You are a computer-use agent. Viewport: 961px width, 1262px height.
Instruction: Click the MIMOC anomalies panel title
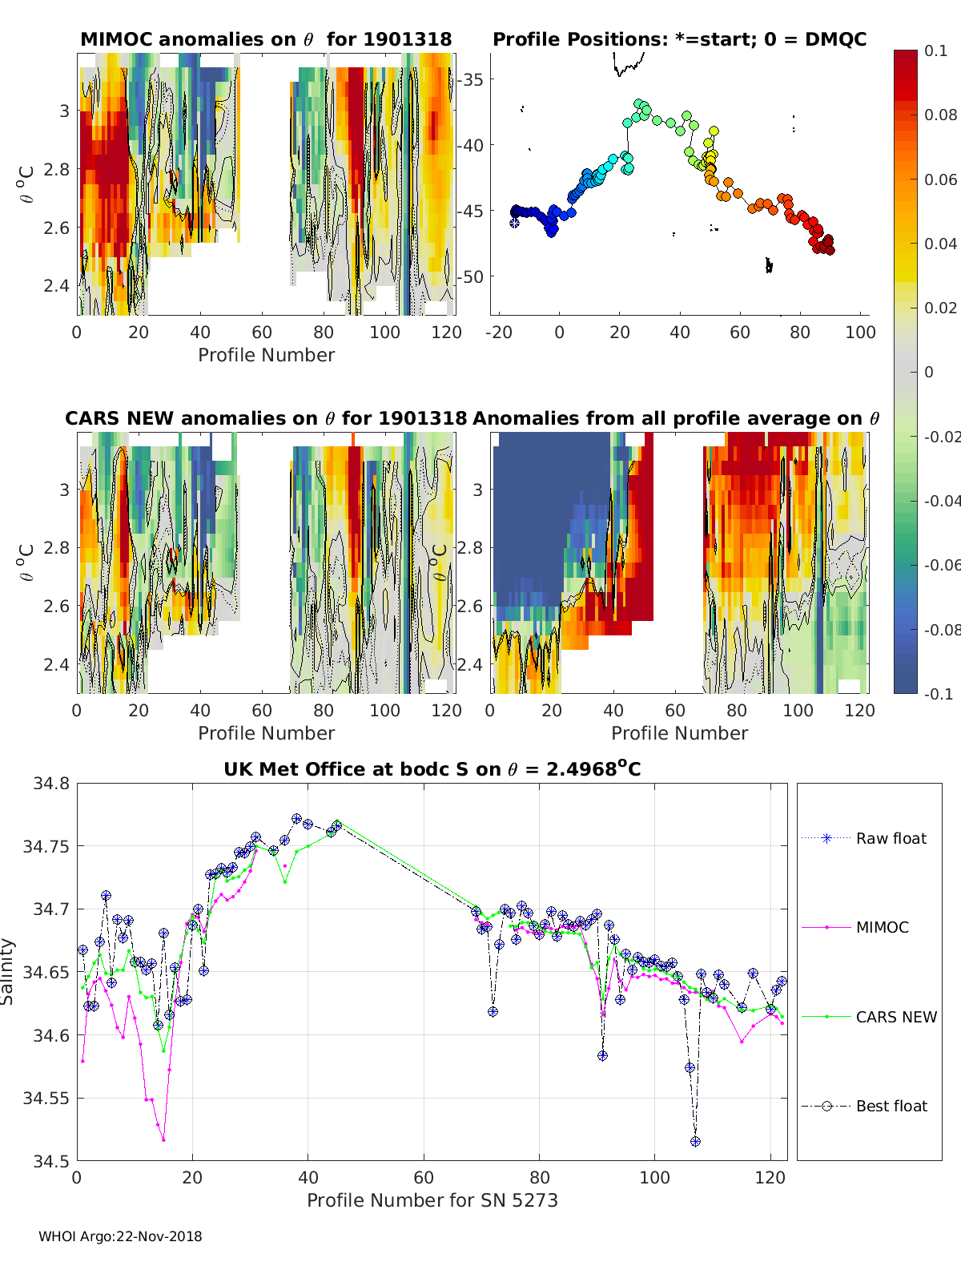pos(266,40)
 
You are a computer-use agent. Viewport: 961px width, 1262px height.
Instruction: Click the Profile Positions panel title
pos(679,40)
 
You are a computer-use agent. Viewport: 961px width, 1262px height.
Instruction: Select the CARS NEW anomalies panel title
pos(266,419)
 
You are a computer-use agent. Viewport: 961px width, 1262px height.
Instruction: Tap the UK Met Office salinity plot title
pos(432,770)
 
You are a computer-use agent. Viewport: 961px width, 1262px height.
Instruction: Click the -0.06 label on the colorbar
pos(941,566)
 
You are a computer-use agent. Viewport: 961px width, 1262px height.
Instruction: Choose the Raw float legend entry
pos(891,839)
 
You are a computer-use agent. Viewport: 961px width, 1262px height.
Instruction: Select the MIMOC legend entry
pos(882,928)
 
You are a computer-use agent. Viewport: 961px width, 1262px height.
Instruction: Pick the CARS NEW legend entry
pos(895,1018)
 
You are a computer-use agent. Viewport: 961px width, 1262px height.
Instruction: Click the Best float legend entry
pos(891,1107)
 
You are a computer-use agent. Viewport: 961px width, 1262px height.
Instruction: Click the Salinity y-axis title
pos(8,972)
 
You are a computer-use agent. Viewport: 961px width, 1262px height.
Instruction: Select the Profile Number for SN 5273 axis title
pos(432,1200)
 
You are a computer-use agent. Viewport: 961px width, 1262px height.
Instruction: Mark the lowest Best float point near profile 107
pos(695,1142)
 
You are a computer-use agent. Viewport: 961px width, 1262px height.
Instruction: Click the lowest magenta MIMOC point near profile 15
pos(163,1139)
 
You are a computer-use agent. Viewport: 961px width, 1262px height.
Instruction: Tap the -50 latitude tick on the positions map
pos(472,277)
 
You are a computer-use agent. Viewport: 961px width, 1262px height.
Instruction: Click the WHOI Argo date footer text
pos(120,1237)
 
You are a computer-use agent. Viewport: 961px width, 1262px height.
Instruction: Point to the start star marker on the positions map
pos(514,223)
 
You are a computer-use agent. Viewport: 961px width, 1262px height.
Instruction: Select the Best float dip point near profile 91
pos(602,1056)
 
